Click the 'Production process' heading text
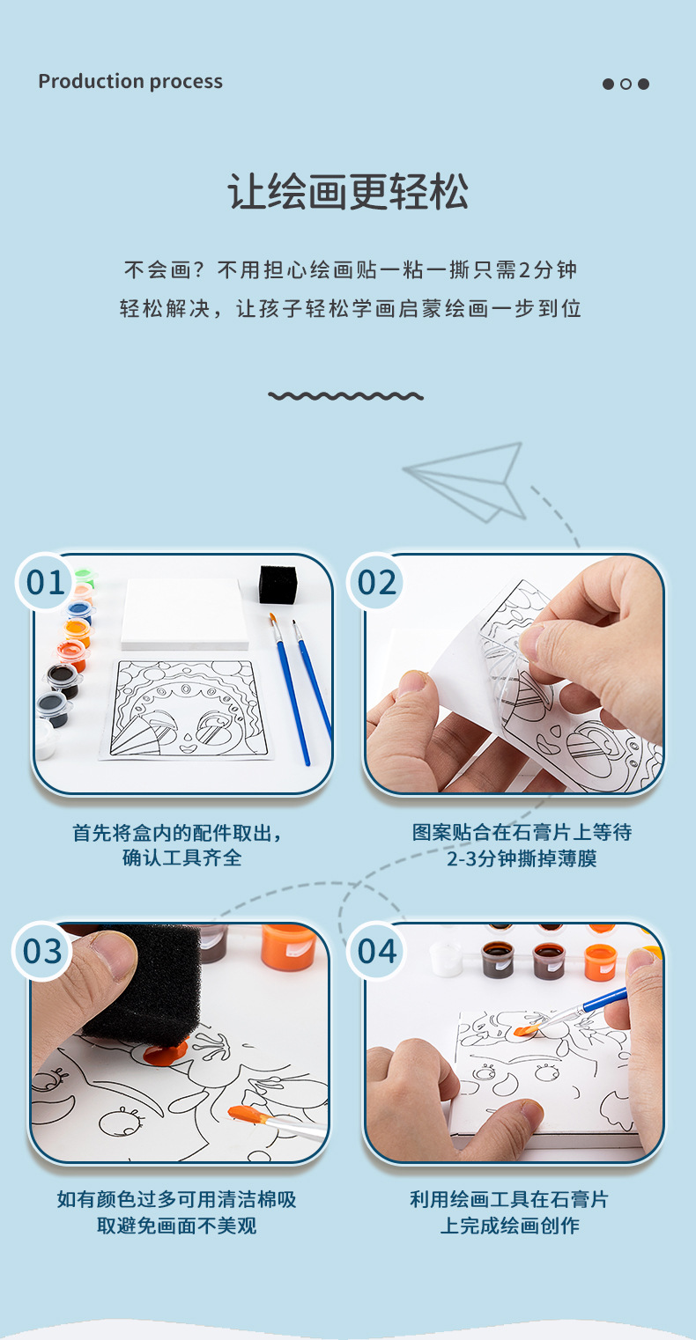pyautogui.click(x=130, y=82)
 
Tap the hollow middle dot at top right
pyautogui.click(x=626, y=85)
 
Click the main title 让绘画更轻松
pyautogui.click(x=348, y=192)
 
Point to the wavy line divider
pyautogui.click(x=346, y=396)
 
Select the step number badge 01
pyautogui.click(x=46, y=583)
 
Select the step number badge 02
pyautogui.click(x=377, y=583)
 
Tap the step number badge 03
pyautogui.click(x=42, y=952)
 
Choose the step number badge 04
pyautogui.click(x=377, y=952)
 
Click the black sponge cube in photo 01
pyautogui.click(x=277, y=585)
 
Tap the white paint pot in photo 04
pyautogui.click(x=446, y=958)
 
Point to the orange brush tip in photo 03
pyautogui.click(x=248, y=1115)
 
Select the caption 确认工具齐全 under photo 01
pyautogui.click(x=181, y=858)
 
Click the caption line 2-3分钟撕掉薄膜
pyautogui.click(x=522, y=858)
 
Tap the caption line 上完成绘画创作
pyautogui.click(x=509, y=1225)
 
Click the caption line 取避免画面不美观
pyautogui.click(x=176, y=1225)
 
